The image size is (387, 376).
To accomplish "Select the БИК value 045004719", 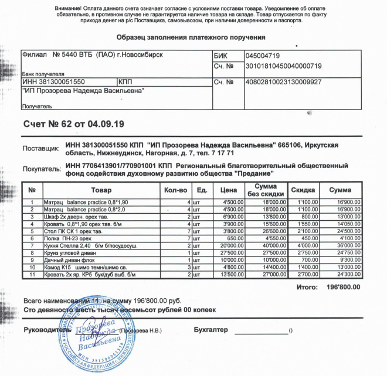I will coord(263,56).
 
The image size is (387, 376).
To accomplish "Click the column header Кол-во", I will coord(176,190).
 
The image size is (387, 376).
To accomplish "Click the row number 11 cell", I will coord(33,274).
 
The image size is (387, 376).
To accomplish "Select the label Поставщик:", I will coord(40,149).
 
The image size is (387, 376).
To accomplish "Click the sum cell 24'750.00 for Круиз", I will coord(345,252).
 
